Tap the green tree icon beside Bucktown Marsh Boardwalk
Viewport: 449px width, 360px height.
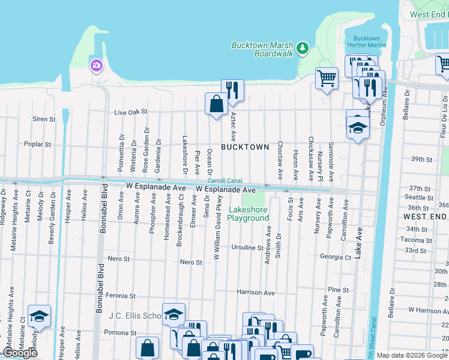(x=303, y=46)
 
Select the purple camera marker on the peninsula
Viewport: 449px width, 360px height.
(x=95, y=65)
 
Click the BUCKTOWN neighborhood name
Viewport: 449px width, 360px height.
(x=245, y=147)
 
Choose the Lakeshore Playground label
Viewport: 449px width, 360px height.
(x=249, y=214)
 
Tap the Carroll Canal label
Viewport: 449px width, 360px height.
(x=224, y=181)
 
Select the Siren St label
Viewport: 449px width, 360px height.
(x=44, y=119)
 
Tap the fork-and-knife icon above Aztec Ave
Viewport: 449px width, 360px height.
(x=232, y=90)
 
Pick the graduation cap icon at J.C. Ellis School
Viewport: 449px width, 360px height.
(x=173, y=314)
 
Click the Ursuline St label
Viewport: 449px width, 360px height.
(x=248, y=247)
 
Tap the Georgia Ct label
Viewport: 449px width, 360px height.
(x=335, y=257)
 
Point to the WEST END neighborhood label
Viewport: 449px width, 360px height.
(x=424, y=216)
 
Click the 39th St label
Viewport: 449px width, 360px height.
(x=421, y=160)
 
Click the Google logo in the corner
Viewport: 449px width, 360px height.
(x=20, y=353)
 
